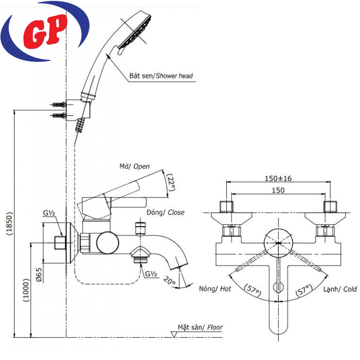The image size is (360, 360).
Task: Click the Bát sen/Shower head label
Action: (x=161, y=76)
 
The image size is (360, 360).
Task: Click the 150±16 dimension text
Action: (x=278, y=179)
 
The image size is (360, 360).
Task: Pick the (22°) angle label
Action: (x=170, y=182)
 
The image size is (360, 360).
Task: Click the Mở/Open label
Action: (x=134, y=167)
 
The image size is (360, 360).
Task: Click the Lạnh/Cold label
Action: (x=340, y=289)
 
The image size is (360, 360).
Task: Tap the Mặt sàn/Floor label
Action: (x=200, y=327)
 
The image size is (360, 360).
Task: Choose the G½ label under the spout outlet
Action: (x=150, y=274)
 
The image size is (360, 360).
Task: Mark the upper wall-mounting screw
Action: (x=58, y=105)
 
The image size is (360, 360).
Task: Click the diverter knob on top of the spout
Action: (x=141, y=228)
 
